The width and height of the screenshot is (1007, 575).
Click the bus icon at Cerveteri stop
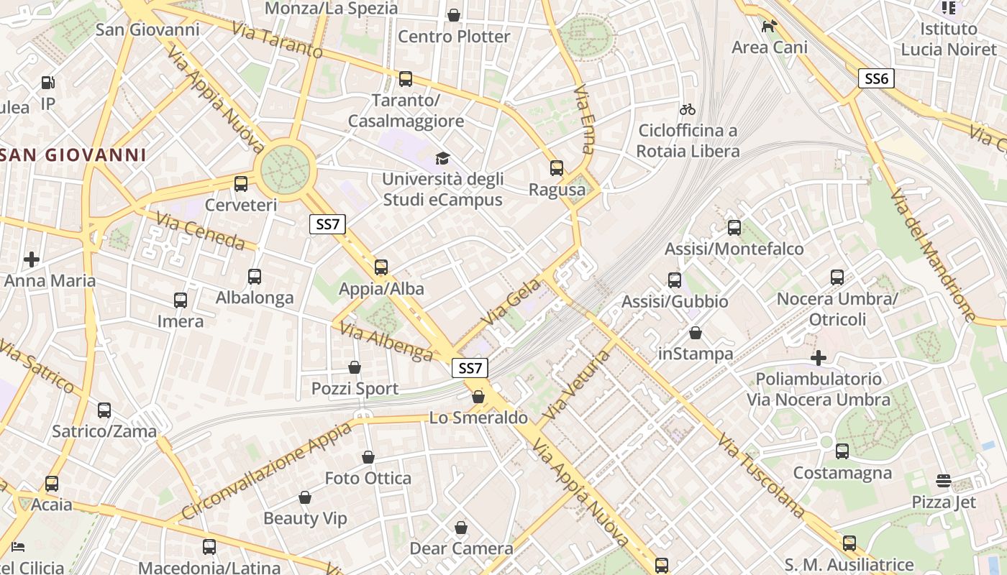coord(241,183)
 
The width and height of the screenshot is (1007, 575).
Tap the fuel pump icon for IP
coord(48,83)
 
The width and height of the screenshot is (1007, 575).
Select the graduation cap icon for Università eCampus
coord(442,157)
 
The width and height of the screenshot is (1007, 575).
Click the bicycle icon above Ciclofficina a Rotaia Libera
coord(688,109)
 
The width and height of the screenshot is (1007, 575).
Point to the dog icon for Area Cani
coord(769,26)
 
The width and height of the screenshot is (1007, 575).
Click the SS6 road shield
coord(876,78)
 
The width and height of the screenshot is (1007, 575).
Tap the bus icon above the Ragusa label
coord(557,168)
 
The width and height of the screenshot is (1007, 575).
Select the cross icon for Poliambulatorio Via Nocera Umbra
coord(819,357)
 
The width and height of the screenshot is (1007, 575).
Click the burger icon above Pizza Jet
coord(944,480)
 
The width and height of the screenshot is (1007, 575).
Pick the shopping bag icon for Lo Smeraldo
coord(478,397)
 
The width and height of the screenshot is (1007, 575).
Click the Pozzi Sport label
coord(355,389)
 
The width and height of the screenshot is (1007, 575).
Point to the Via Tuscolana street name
coord(761,475)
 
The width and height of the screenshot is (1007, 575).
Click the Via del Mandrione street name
coord(933,254)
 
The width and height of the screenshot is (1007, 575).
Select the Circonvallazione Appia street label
coord(266,471)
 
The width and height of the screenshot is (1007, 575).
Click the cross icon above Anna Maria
coord(32,259)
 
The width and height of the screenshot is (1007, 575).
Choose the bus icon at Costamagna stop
coord(842,451)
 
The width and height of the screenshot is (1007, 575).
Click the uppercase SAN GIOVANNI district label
coord(72,155)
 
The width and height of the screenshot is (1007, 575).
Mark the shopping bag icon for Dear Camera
coord(461,528)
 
